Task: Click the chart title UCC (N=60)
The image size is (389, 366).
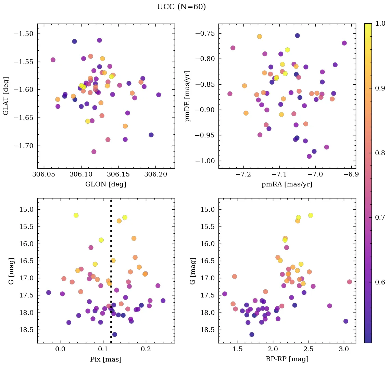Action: (x=181, y=7)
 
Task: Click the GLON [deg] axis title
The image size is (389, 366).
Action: (x=106, y=184)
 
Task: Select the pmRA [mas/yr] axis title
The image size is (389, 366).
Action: (x=287, y=184)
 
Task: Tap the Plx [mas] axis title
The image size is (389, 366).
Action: (x=106, y=359)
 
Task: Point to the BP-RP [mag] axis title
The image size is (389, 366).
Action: (x=287, y=359)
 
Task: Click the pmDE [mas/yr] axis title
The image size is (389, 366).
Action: (x=188, y=96)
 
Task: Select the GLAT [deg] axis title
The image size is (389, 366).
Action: (x=6, y=96)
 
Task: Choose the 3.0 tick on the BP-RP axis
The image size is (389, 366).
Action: (x=344, y=350)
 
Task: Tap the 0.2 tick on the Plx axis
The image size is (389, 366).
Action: (x=146, y=350)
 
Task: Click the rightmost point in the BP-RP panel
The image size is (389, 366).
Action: (x=349, y=282)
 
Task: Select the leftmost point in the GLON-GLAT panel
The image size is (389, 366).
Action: (x=53, y=60)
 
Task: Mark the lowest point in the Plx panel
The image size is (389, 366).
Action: (x=114, y=334)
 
